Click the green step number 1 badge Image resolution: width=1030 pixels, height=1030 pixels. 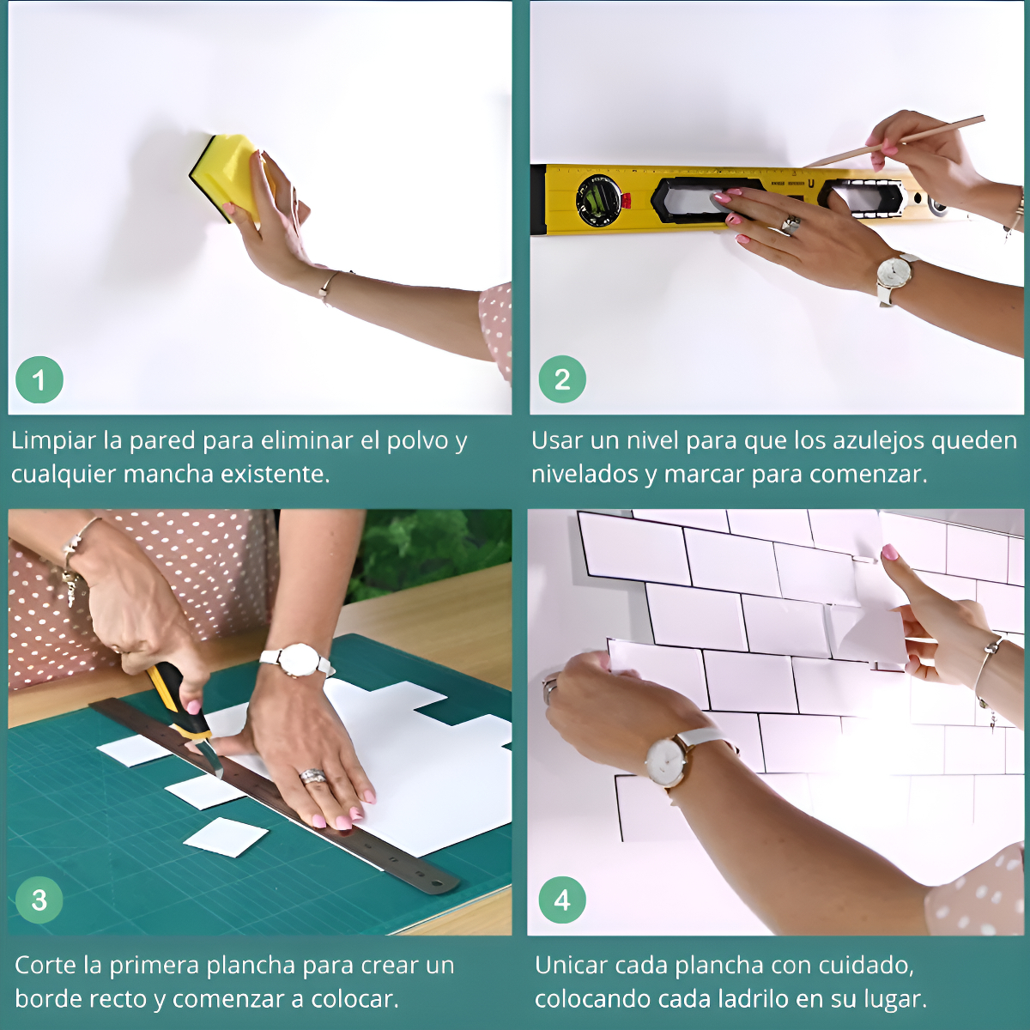coord(39,379)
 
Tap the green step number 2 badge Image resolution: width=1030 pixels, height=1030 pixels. coord(561,379)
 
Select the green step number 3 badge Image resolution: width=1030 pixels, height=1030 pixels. coord(39,900)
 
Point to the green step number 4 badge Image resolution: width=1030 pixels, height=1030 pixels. coord(561,900)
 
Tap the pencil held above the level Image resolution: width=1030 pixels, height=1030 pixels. coord(893,142)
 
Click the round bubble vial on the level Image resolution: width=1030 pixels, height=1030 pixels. coord(598,201)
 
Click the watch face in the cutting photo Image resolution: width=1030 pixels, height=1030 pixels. coord(297,660)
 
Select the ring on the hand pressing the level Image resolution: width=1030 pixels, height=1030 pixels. coord(791,223)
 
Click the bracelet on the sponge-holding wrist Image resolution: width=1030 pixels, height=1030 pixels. coord(328,287)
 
